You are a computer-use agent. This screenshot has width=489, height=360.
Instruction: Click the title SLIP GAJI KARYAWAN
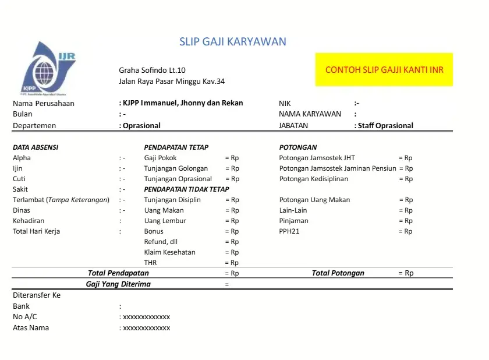pyautogui.click(x=232, y=41)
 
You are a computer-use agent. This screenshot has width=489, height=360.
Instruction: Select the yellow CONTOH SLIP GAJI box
pyautogui.click(x=384, y=70)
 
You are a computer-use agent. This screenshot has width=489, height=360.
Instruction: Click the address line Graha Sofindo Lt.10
pyautogui.click(x=153, y=70)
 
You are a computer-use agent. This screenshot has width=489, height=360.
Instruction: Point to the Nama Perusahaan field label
pyautogui.click(x=44, y=103)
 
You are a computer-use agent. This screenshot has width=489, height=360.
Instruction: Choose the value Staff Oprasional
pyautogui.click(x=385, y=125)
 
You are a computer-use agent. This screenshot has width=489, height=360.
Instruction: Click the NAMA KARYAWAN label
pyautogui.click(x=310, y=114)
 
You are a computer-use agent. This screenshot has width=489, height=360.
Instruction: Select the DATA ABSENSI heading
pyautogui.click(x=36, y=147)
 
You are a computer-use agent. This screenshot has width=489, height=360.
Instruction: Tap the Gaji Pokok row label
pyautogui.click(x=161, y=158)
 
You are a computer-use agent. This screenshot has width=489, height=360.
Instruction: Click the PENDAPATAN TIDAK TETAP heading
pyautogui.click(x=186, y=189)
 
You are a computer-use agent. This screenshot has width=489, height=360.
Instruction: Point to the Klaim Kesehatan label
pyautogui.click(x=170, y=252)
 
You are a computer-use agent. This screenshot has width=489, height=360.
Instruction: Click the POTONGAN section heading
pyautogui.click(x=298, y=147)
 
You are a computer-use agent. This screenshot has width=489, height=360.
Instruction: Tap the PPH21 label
pyautogui.click(x=290, y=231)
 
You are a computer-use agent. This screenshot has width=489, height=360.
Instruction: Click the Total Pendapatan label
pyautogui.click(x=118, y=273)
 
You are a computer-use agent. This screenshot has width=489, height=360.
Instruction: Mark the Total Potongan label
pyautogui.click(x=338, y=273)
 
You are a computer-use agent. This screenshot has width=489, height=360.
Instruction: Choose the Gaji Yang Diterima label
pyautogui.click(x=118, y=284)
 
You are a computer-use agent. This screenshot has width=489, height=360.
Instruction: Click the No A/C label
pyautogui.click(x=25, y=316)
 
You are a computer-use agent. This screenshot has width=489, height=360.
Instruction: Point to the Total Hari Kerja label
pyautogui.click(x=36, y=231)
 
